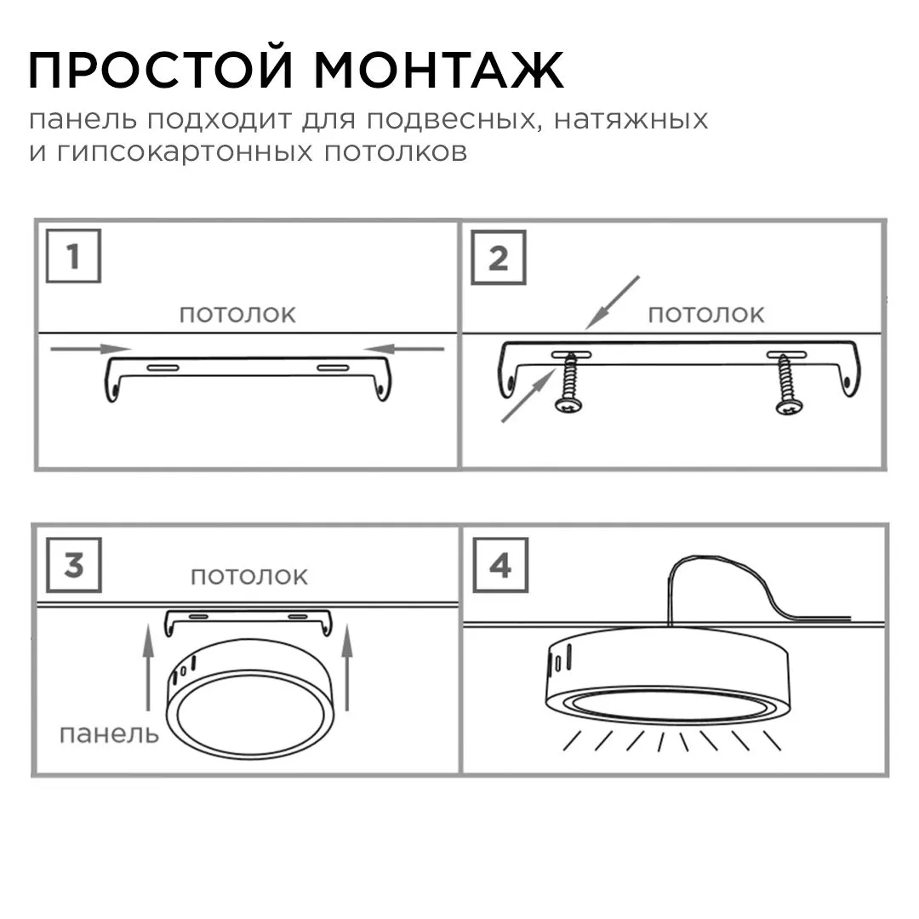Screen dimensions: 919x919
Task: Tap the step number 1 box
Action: coord(73,255)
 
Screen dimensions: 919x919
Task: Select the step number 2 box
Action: coord(498,257)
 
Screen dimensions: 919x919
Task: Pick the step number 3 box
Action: coord(73,564)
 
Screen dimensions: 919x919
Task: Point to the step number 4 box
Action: coord(500,564)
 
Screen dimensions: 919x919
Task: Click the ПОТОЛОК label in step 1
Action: coord(237,314)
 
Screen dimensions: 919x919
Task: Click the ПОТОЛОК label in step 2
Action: coord(706,314)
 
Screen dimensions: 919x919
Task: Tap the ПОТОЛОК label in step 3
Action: coord(248,576)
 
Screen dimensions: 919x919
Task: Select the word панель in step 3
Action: coord(108,733)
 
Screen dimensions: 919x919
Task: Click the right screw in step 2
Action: coord(787,387)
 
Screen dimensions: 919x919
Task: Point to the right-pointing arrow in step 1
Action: coord(90,348)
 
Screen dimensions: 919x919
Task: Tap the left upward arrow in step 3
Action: coord(148,665)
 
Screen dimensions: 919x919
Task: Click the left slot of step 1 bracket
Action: coord(163,368)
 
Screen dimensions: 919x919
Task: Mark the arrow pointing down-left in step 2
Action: coord(612,302)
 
